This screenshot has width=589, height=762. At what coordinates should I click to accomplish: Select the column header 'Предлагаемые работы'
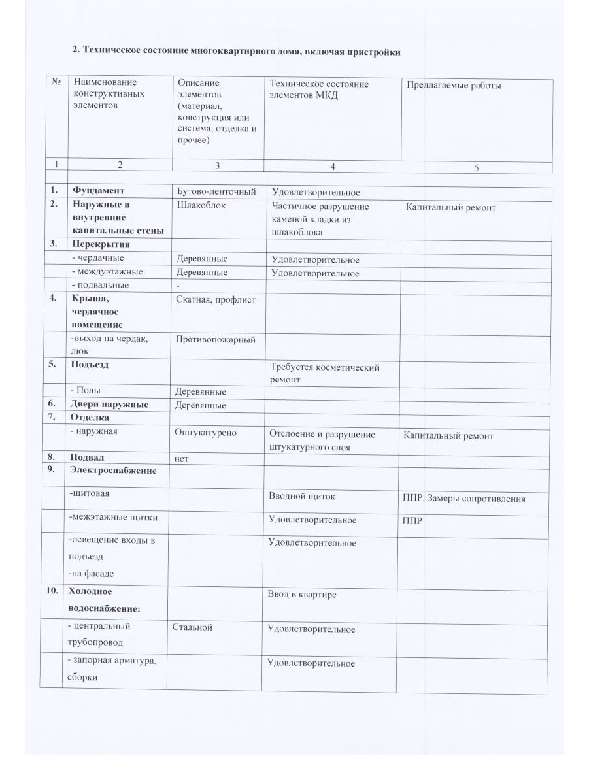point(454,85)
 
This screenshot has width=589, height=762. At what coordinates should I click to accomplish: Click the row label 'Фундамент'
point(99,191)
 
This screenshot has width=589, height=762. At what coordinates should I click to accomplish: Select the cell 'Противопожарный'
point(216,339)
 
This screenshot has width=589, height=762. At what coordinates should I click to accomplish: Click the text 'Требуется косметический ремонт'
point(324,373)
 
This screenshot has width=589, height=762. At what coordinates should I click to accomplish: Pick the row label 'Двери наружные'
point(110,405)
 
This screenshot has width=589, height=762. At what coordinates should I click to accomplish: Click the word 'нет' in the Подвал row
point(182,459)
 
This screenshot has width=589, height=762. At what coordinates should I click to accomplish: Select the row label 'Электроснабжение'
point(114,471)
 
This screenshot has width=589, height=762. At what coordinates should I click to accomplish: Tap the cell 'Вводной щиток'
point(302,496)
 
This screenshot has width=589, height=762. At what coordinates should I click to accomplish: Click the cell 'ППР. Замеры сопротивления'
point(463,499)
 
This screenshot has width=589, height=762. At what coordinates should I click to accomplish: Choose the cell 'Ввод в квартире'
point(302,595)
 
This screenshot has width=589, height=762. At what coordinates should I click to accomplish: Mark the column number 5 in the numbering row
point(477,168)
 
